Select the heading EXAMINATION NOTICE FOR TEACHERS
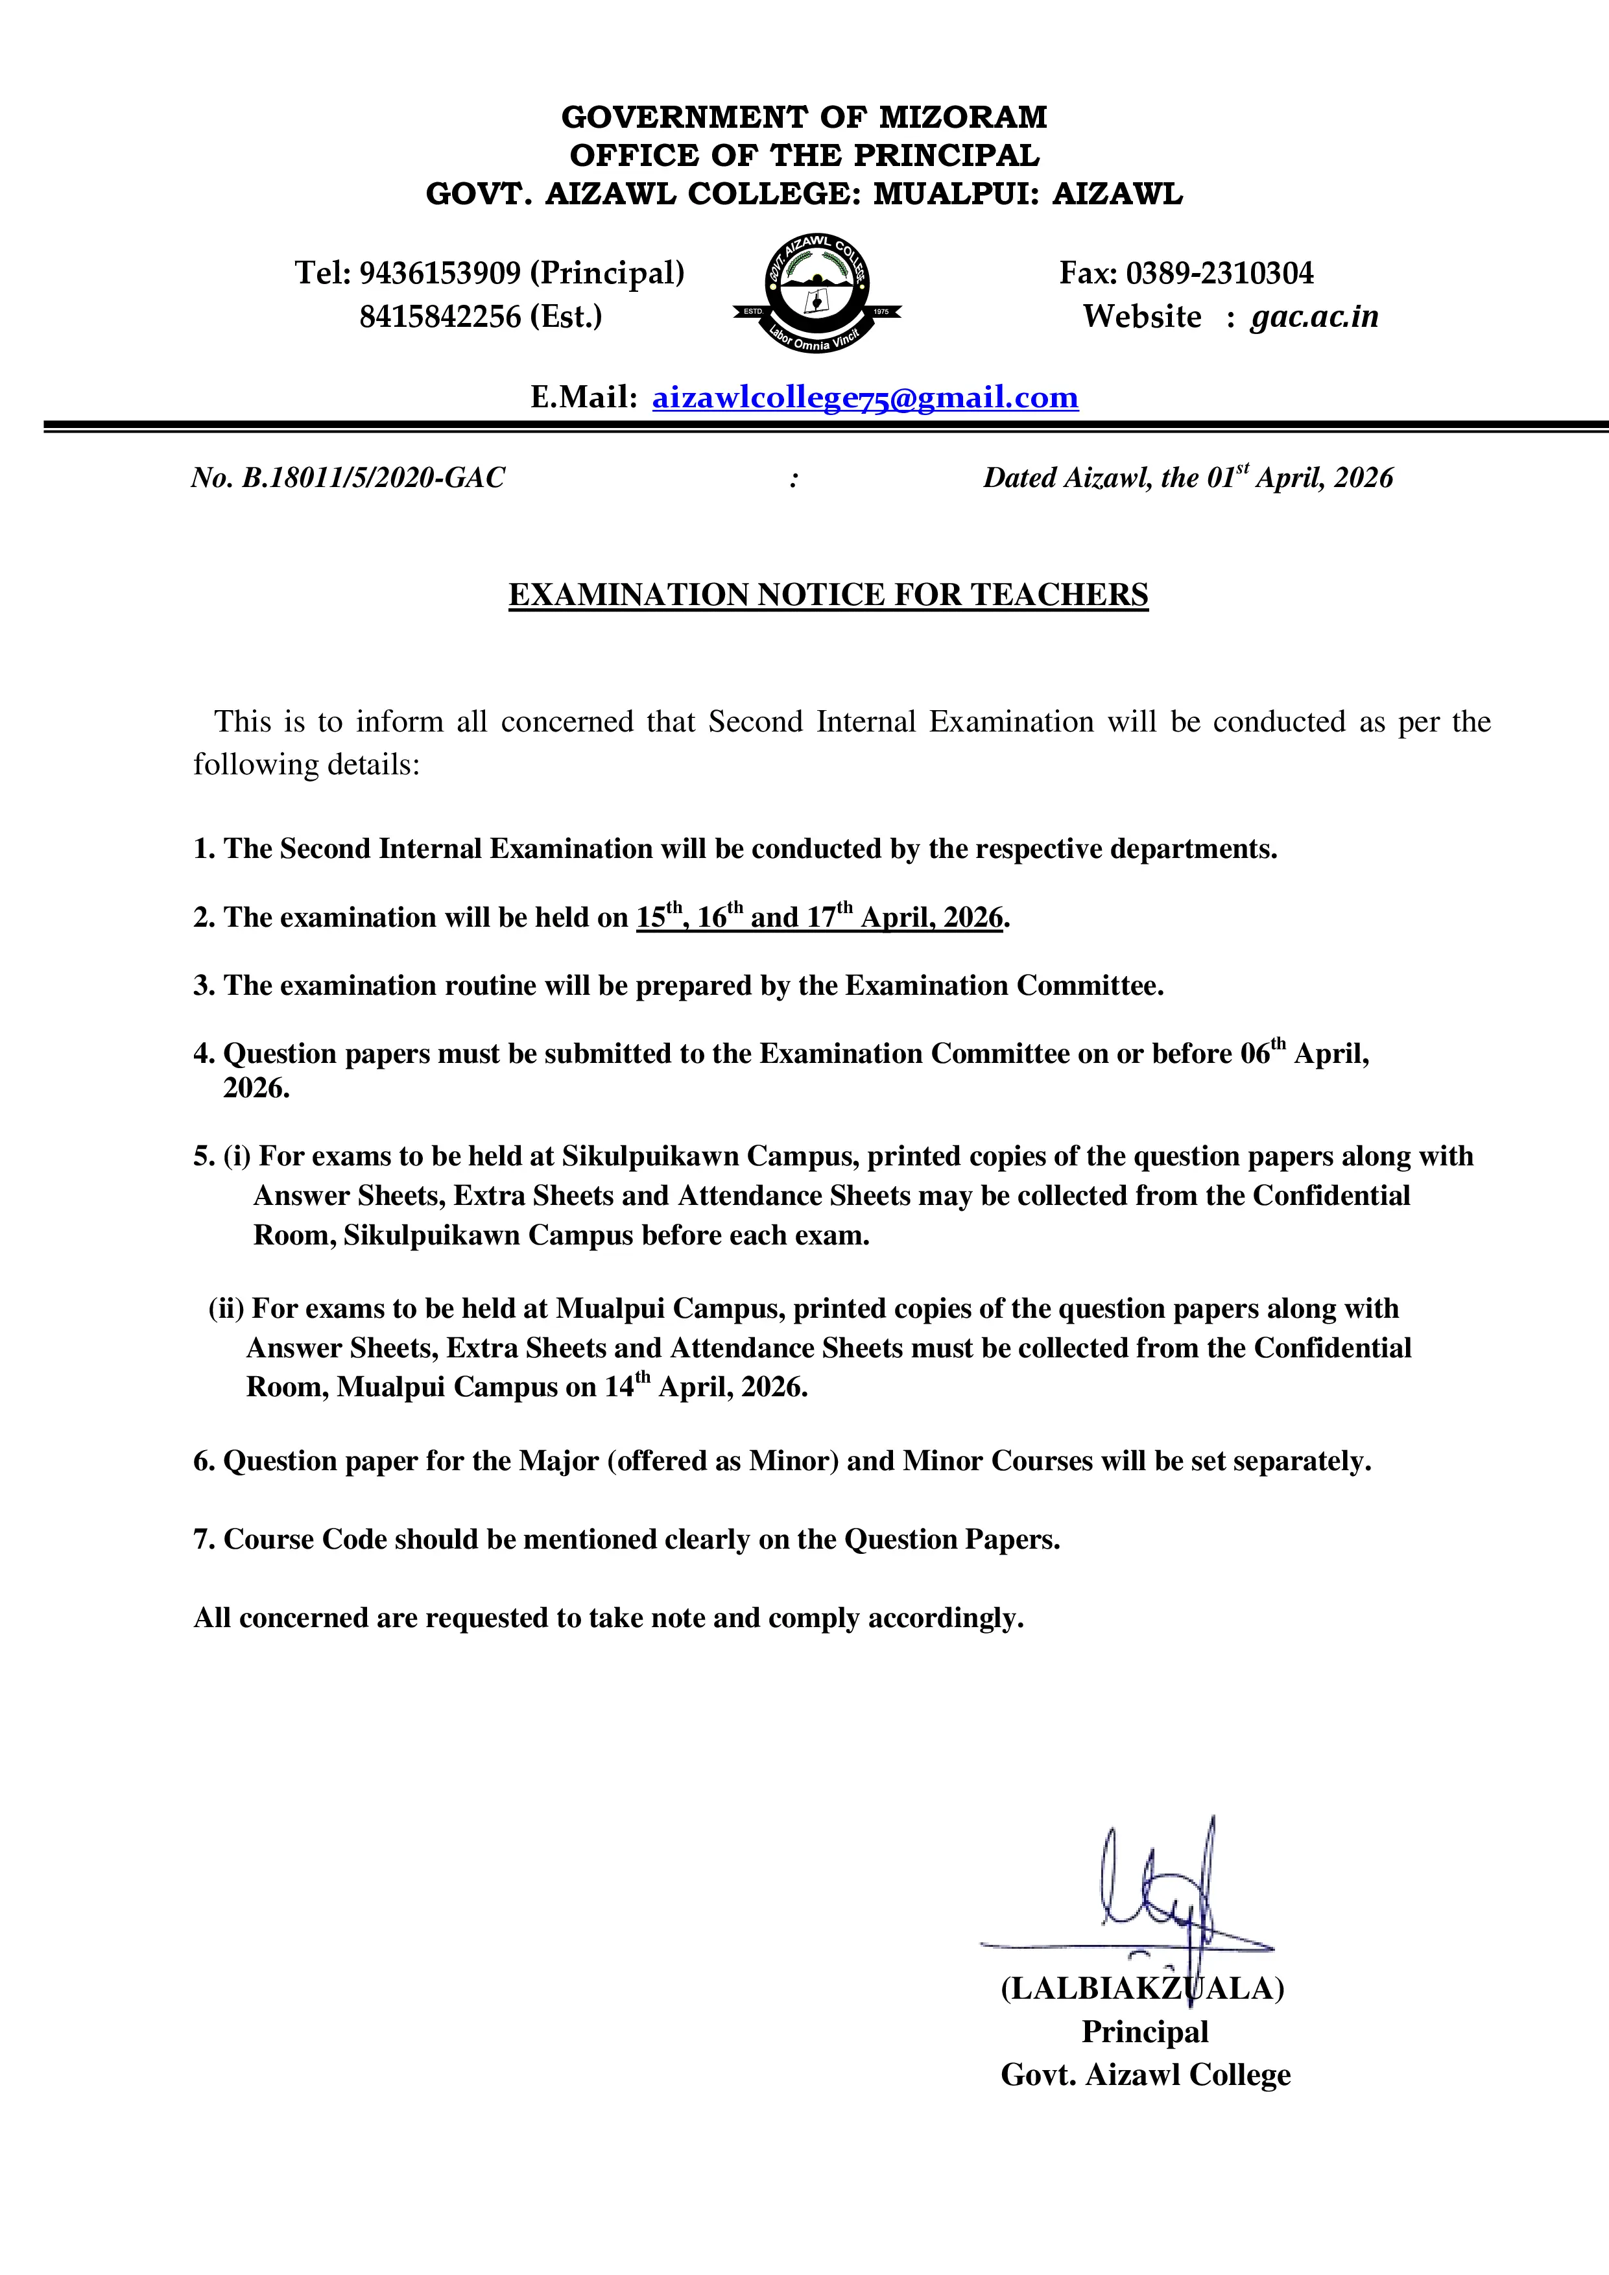point(828,595)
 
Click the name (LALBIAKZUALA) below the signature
point(1141,1988)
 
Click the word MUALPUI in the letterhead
point(947,194)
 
